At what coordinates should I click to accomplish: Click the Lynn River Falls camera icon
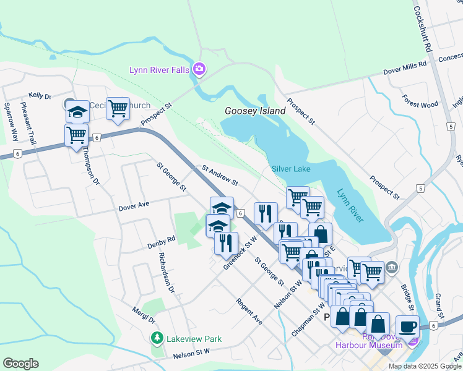(x=199, y=69)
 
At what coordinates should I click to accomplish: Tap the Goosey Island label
(x=255, y=111)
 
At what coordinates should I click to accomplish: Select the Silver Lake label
(x=291, y=169)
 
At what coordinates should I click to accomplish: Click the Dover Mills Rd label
(x=405, y=67)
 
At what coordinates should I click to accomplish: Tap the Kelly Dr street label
(x=40, y=96)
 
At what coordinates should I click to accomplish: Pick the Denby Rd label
(x=162, y=242)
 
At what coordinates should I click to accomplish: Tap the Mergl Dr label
(x=143, y=315)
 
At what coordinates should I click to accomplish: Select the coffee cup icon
(x=407, y=326)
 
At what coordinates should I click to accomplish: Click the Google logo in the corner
(x=20, y=364)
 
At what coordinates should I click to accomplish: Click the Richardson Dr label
(x=167, y=272)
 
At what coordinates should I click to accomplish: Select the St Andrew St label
(x=220, y=175)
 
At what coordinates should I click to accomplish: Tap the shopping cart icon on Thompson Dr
(x=76, y=135)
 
